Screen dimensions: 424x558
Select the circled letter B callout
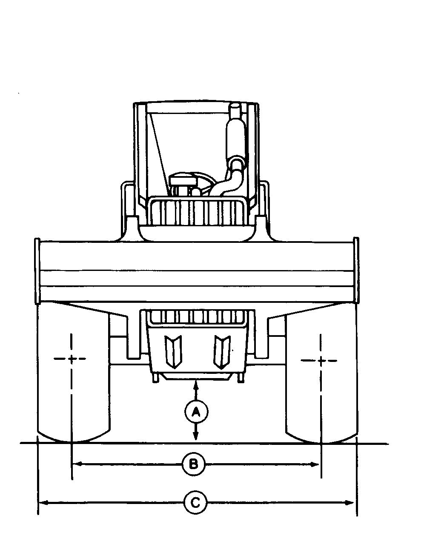click(194, 464)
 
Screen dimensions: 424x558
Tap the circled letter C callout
click(195, 503)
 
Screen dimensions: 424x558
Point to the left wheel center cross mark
click(72, 359)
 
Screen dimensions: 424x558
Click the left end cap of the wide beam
click(37, 271)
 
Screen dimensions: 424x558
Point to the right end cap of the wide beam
click(356, 271)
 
